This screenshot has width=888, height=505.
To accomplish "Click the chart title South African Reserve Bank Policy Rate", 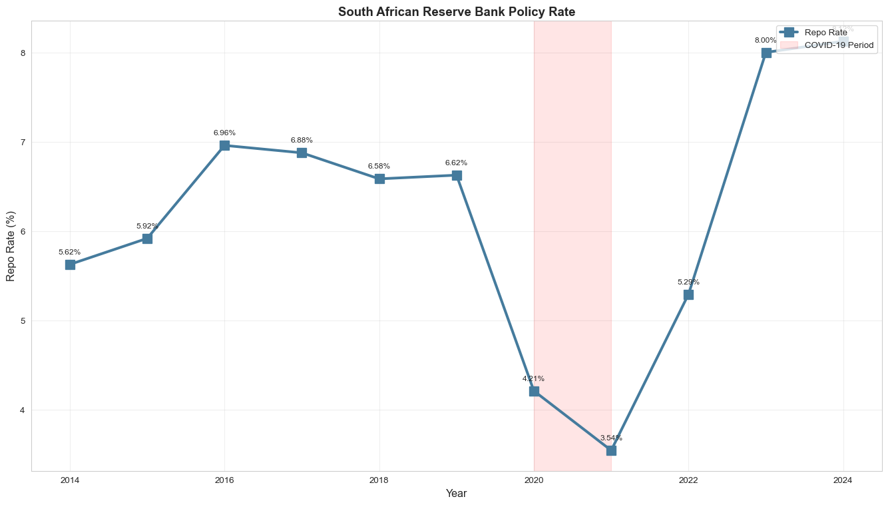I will click(456, 11).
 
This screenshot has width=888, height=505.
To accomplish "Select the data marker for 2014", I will click(70, 264).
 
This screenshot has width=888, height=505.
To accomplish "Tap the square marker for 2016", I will click(224, 145).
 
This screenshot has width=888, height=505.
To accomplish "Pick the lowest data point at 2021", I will click(611, 450).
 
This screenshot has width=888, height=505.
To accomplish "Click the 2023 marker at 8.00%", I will click(766, 53).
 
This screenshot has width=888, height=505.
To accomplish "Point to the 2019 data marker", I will click(457, 175).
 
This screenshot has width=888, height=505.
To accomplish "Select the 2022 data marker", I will click(688, 294).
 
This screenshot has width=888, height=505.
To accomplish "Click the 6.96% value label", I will click(224, 133).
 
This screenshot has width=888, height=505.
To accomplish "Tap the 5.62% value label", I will click(70, 252).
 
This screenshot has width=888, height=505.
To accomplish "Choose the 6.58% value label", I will click(379, 166).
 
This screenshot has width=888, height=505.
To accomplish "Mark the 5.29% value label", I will click(688, 282).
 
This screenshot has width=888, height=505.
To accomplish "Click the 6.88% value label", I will click(302, 140).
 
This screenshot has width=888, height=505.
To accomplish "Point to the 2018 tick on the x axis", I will click(379, 480).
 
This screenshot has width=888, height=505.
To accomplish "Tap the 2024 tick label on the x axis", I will click(843, 480).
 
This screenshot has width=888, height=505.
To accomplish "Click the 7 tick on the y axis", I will click(22, 142).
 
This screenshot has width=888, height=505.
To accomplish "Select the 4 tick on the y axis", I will click(22, 410).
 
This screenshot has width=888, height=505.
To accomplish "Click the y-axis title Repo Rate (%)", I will click(11, 246).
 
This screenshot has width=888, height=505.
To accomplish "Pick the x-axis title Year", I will click(456, 494).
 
